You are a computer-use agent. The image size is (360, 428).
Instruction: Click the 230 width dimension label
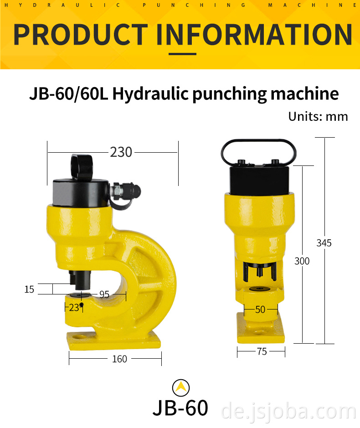pos(121,152)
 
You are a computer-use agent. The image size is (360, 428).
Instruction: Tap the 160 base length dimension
pos(119,359)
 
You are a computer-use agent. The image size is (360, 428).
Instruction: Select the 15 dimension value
pos(29,289)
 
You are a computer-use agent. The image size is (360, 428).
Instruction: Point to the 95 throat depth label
pos(104,294)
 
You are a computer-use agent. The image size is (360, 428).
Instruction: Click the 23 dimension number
pos(74,308)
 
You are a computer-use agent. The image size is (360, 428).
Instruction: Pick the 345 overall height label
pos(324,243)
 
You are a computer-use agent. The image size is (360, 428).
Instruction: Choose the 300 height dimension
pos(302,261)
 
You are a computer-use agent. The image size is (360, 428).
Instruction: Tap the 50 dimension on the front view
pos(260,309)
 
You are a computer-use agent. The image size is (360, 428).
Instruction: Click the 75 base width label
pos(262,351)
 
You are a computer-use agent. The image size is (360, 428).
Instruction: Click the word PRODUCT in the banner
pos(81,34)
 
